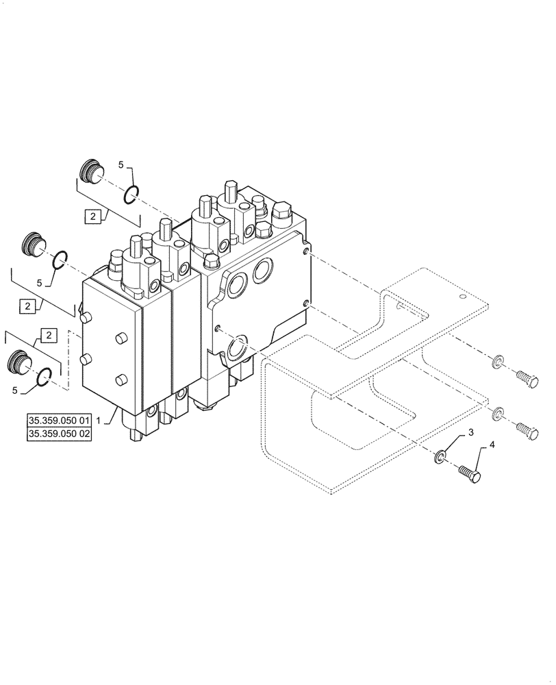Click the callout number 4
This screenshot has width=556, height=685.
tap(490, 445)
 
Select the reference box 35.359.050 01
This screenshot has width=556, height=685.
tap(59, 419)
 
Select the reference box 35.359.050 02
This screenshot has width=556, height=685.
tap(59, 434)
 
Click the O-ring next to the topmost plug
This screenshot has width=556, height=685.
tap(132, 196)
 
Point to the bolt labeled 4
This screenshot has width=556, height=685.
tap(468, 473)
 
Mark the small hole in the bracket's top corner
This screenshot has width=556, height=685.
tap(464, 297)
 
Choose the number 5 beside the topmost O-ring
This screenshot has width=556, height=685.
tap(121, 165)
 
